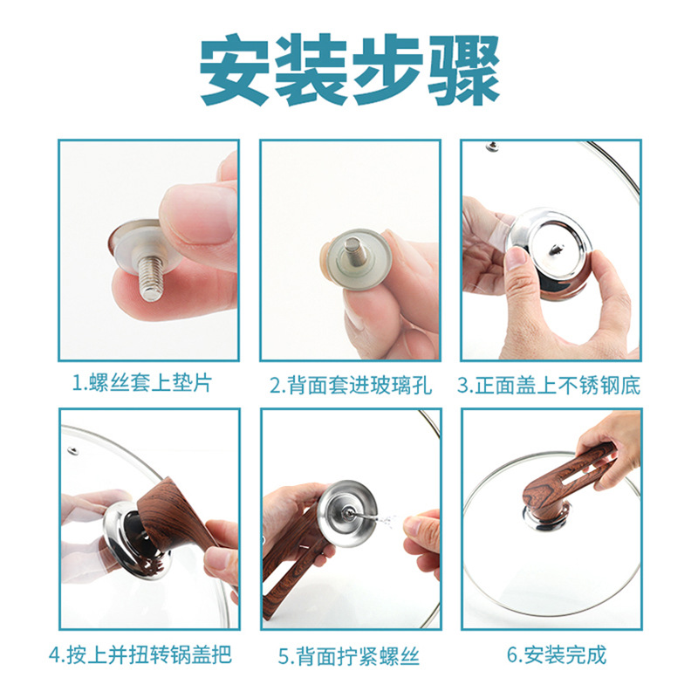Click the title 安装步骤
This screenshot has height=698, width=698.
tap(350, 70)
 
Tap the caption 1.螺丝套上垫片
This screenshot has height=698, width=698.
tap(142, 384)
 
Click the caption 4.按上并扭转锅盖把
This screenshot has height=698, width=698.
tap(140, 655)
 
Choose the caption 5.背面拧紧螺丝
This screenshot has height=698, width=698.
tap(349, 657)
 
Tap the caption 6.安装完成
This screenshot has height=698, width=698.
tap(557, 655)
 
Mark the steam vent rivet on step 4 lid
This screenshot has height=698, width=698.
tap(72, 449)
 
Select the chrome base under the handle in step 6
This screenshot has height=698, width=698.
tap(547, 517)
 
